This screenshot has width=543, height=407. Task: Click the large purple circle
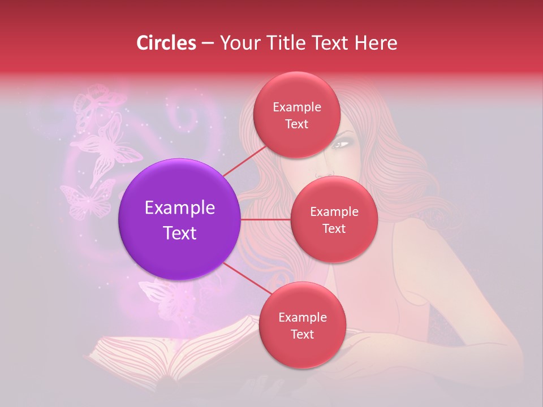coord(180,219)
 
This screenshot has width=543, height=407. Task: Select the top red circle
coord(297,115)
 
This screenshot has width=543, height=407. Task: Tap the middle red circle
coord(334,219)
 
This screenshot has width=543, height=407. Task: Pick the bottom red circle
coord(302,326)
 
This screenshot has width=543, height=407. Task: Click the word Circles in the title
coord(166,43)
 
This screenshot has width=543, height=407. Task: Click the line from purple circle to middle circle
coord(266,219)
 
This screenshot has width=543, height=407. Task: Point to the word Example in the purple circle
coord(180,208)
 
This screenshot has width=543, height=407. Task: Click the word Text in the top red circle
coord(297,124)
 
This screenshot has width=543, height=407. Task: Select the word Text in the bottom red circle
coord(302,335)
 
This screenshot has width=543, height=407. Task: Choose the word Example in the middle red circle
coord(334,211)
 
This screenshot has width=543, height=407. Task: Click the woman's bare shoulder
coord(430,237)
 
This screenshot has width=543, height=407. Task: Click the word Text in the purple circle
coord(180,233)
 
